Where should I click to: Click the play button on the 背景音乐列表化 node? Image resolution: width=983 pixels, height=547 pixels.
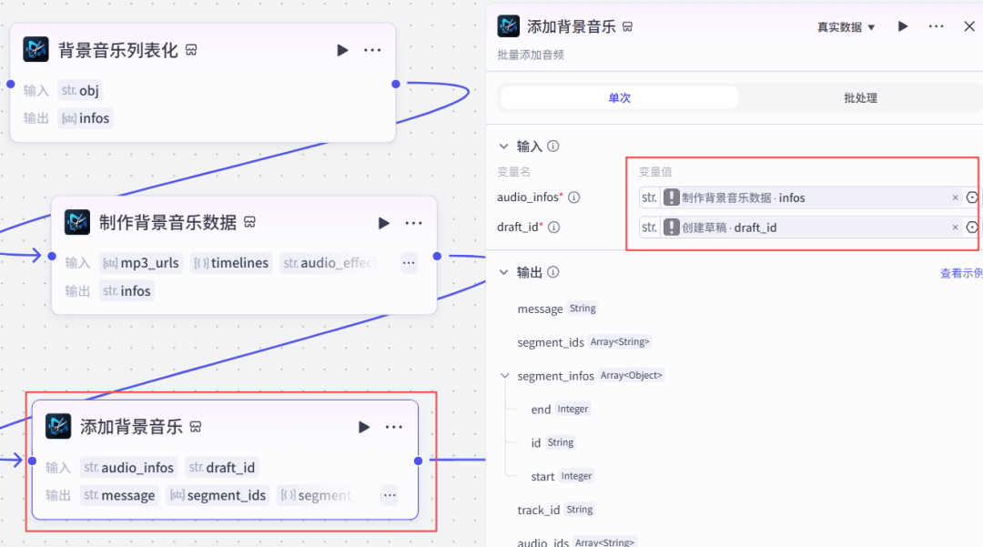342,50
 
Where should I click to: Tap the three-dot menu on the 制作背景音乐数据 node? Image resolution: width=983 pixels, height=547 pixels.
413,223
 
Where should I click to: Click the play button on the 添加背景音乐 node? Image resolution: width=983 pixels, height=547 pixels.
364,427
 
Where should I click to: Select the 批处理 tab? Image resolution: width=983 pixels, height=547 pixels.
860,98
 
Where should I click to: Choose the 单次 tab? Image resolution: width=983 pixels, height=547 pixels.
619,98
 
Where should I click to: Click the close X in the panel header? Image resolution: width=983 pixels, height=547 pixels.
969,26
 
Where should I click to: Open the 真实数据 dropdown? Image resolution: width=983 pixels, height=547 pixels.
846,27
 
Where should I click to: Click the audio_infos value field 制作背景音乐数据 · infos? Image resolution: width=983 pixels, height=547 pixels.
801,198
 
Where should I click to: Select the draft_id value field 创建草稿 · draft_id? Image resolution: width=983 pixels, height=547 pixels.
801,228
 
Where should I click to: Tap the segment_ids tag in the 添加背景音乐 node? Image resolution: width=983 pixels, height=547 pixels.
218,495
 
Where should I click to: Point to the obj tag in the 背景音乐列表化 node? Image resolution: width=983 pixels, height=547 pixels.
80,90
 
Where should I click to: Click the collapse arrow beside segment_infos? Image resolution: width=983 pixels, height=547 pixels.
506,376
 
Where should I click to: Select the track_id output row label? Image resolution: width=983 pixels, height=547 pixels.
538,510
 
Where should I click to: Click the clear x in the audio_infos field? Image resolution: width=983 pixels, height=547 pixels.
955,198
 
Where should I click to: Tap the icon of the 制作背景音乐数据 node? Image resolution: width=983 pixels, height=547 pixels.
77,222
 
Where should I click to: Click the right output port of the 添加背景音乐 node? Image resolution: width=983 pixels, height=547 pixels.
418,461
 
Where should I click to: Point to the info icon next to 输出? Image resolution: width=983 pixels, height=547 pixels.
553,272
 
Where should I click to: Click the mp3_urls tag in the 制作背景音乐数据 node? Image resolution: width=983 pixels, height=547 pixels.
140,263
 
